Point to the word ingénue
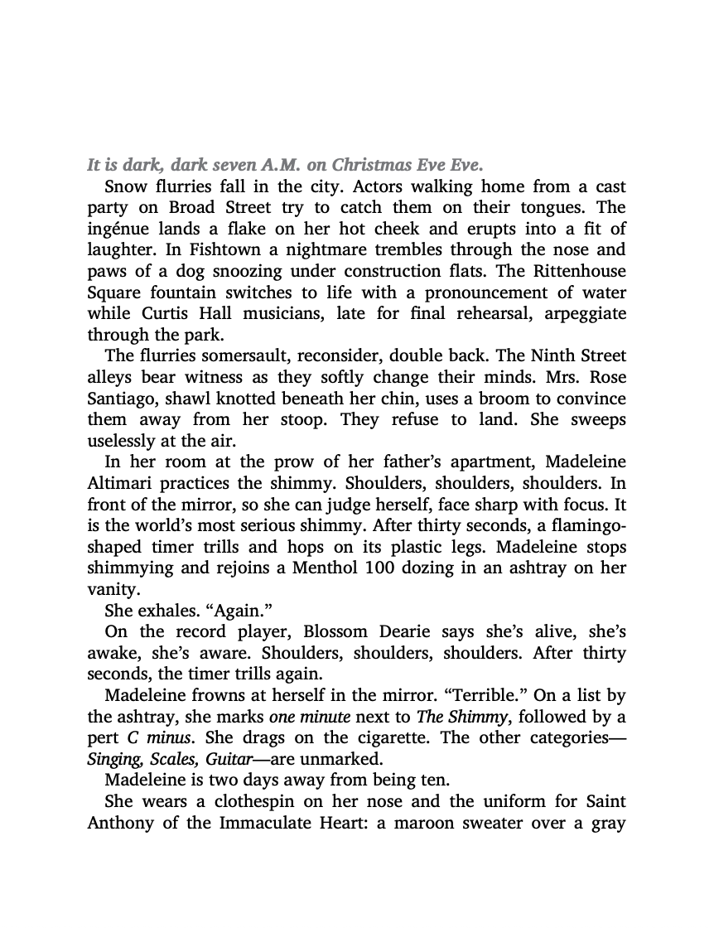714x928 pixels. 118,229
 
